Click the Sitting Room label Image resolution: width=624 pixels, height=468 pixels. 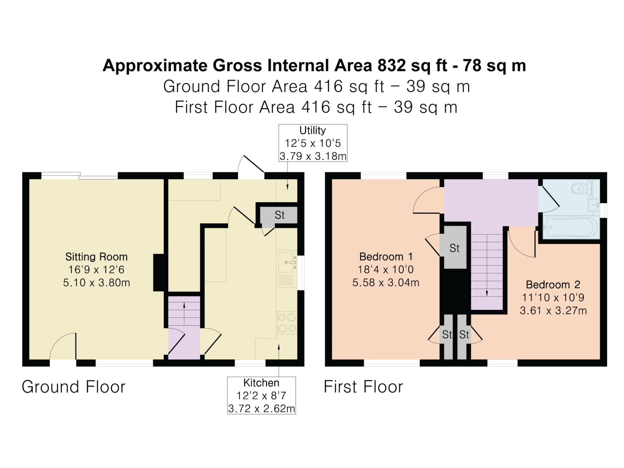[x=96, y=257]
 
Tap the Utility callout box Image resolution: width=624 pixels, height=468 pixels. [x=313, y=143]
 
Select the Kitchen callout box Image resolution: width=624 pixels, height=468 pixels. [x=261, y=395]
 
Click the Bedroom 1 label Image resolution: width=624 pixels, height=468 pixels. [x=386, y=257]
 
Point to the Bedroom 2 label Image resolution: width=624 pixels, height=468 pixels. [x=553, y=285]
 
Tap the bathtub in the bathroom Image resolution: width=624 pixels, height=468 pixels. [x=571, y=227]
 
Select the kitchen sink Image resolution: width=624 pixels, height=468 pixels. [x=286, y=262]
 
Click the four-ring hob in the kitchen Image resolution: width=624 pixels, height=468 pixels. [x=287, y=323]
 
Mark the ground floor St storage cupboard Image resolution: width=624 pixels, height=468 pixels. [x=279, y=215]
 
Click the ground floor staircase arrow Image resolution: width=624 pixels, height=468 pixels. [x=184, y=314]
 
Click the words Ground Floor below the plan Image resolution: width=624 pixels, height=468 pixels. [x=73, y=387]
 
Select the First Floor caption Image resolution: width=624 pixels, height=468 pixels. [x=363, y=387]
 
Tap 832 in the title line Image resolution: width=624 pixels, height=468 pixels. [x=392, y=66]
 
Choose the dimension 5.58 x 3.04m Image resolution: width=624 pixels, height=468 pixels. [x=386, y=282]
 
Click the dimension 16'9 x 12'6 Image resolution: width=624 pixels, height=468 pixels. [x=96, y=270]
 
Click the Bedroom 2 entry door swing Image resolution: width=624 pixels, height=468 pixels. [x=522, y=244]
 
